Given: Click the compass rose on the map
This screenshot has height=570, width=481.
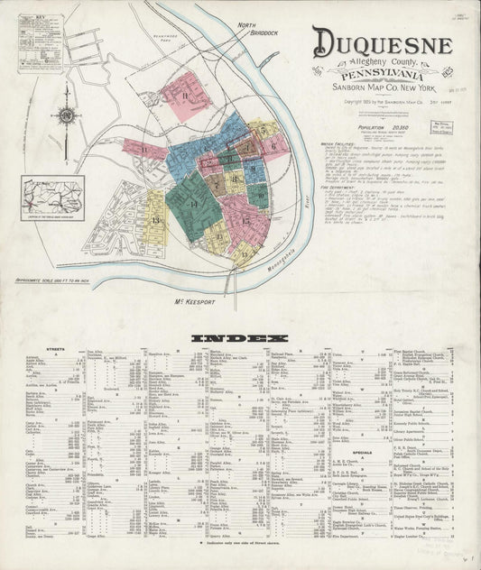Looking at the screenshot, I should (x=67, y=115).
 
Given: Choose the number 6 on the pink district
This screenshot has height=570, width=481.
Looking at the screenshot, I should (x=272, y=145).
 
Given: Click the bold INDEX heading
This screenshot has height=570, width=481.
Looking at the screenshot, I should (x=239, y=338).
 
